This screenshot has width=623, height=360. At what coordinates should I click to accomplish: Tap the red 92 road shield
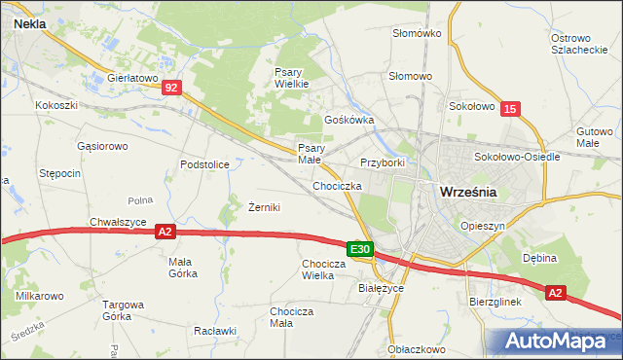pyautogui.click(x=171, y=88)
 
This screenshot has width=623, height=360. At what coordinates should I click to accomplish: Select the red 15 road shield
pyautogui.click(x=511, y=111)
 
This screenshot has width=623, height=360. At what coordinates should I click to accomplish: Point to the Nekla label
pyautogui.click(x=32, y=28)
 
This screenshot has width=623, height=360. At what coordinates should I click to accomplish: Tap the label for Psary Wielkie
pyautogui.click(x=291, y=78)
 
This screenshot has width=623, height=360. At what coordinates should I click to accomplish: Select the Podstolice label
pyautogui.click(x=204, y=164)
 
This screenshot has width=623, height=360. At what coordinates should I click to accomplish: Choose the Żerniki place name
pyautogui.click(x=264, y=207)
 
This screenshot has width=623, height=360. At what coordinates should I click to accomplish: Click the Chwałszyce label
pyautogui.click(x=118, y=221)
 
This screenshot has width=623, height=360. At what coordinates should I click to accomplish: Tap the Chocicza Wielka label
pyautogui.click(x=330, y=269)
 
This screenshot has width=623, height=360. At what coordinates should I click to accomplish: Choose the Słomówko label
pyautogui.click(x=417, y=33)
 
